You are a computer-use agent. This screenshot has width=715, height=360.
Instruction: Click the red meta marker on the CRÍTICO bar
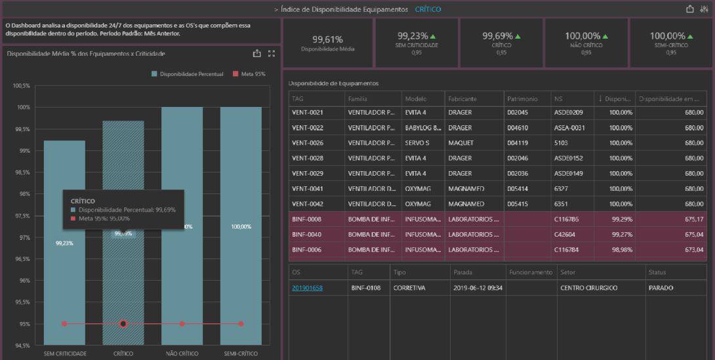pyautogui.click(x=123, y=323)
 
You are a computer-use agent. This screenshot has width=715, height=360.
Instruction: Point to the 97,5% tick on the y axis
pyautogui.click(x=22, y=216)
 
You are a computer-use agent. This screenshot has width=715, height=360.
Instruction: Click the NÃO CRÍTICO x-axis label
pyautogui.click(x=182, y=353)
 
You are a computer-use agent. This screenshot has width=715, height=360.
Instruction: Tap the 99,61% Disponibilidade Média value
pyautogui.click(x=327, y=39)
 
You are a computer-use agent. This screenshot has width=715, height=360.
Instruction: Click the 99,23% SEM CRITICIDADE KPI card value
pyautogui.click(x=412, y=36)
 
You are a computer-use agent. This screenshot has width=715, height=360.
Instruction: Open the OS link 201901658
pyautogui.click(x=307, y=288)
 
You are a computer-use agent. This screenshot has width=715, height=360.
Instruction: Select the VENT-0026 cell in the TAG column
pyautogui.click(x=308, y=143)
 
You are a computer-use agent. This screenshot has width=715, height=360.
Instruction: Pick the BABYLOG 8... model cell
pyautogui.click(x=423, y=128)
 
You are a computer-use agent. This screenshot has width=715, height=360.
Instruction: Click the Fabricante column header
pyautogui.click(x=462, y=98)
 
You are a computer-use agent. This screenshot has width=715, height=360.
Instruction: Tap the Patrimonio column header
pyautogui.click(x=522, y=98)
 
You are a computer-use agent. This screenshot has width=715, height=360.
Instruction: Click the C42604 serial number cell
pyautogui.click(x=567, y=234)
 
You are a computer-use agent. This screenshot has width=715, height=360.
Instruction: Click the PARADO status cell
pyautogui.click(x=661, y=288)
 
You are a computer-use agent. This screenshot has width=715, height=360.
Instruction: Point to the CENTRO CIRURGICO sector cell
pyautogui.click(x=588, y=288)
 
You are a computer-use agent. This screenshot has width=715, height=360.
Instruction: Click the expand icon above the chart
pyautogui.click(x=271, y=54)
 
